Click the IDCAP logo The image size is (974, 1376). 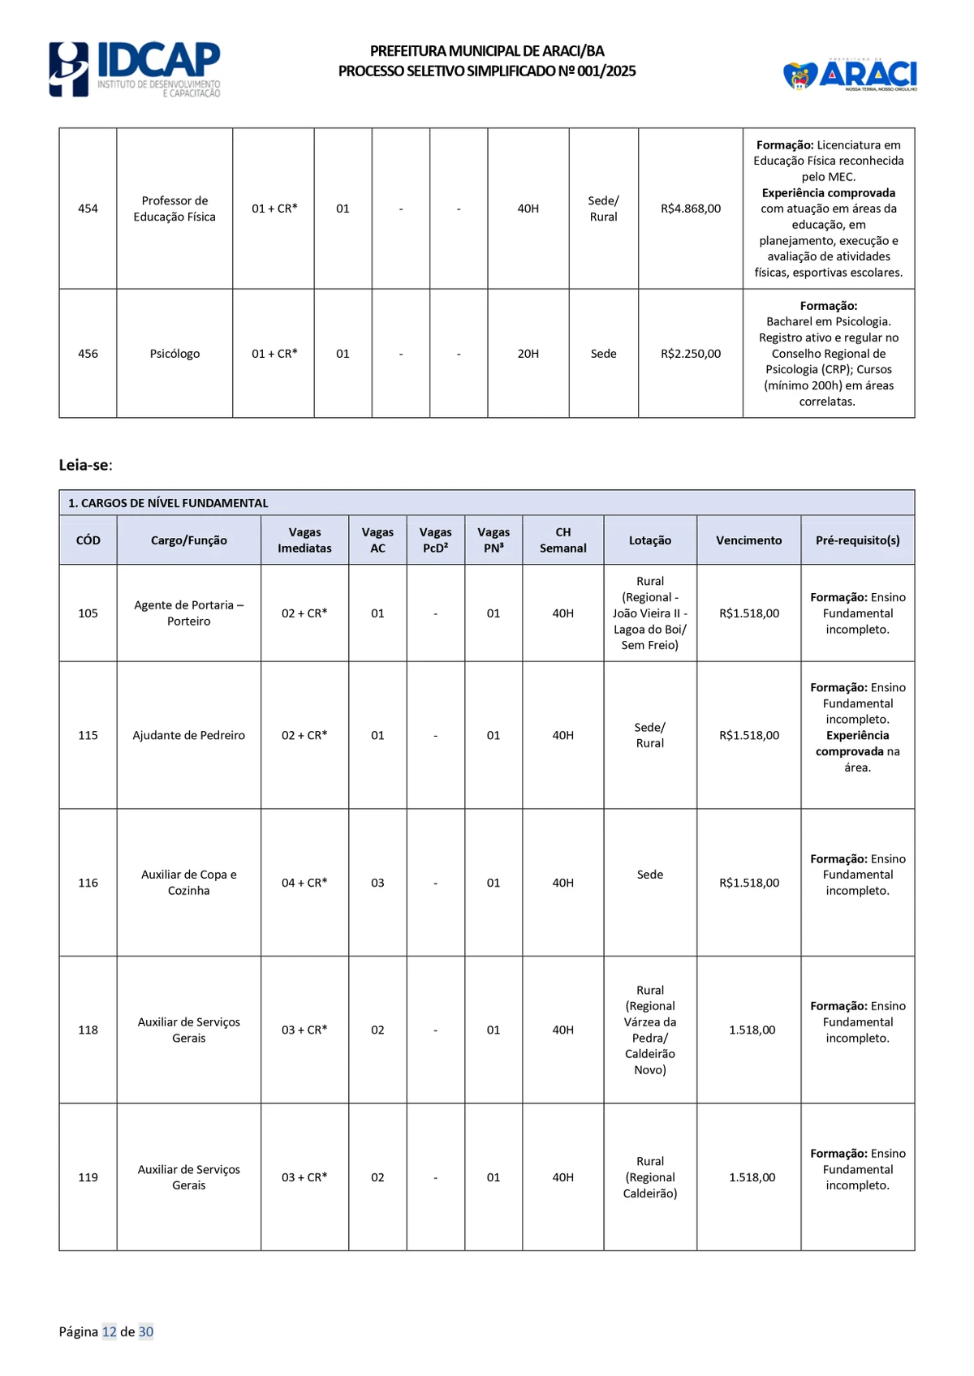click(x=135, y=70)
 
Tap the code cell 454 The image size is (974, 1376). click(x=88, y=209)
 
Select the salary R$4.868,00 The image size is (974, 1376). click(x=691, y=209)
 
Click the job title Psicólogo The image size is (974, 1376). click(x=175, y=354)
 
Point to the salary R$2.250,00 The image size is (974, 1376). click(x=691, y=354)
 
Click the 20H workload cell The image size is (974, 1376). click(x=528, y=354)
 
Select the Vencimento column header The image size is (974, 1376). click(x=748, y=540)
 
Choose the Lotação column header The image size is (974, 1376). click(x=650, y=540)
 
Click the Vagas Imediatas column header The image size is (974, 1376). click(x=304, y=540)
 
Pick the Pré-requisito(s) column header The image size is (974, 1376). click(x=857, y=540)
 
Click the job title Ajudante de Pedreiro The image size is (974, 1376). click(x=189, y=735)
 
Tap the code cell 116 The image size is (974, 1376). click(x=88, y=883)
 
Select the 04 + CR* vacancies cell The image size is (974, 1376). click(x=304, y=883)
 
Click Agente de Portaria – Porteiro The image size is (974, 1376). click(x=189, y=613)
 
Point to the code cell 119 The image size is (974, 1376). click(x=88, y=1177)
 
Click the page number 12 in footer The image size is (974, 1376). click(x=109, y=1331)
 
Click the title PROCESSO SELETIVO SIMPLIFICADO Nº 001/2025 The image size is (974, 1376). click(x=487, y=71)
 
